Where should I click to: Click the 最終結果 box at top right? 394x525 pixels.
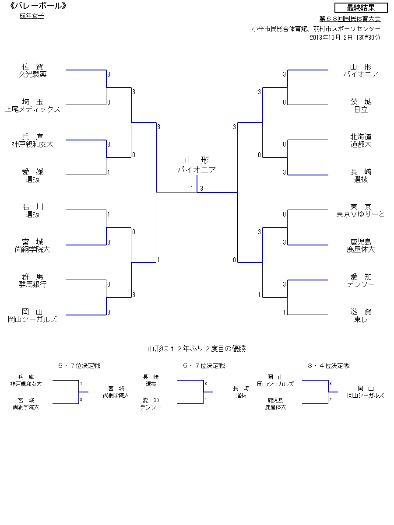coord(361,8)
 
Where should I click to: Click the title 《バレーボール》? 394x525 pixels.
coord(34,6)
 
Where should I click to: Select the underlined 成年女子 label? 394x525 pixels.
coord(32,16)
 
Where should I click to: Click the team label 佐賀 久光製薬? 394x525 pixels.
coord(32,70)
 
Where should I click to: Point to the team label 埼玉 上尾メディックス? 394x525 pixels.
coord(32,105)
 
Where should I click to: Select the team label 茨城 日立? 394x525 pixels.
coord(361,105)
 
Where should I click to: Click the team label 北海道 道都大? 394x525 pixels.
coord(361,140)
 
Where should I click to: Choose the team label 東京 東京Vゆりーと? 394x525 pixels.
coord(361,210)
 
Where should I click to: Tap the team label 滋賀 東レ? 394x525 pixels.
coord(361,315)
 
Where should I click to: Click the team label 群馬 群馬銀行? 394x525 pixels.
coord(32,280)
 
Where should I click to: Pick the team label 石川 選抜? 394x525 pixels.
coord(32,210)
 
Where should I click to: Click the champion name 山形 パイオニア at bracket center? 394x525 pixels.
coord(197,165)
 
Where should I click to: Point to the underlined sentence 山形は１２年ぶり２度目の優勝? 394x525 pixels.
coord(197,349)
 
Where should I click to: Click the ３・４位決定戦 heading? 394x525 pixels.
coord(328,366)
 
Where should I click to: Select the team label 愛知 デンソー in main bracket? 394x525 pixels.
coord(361,280)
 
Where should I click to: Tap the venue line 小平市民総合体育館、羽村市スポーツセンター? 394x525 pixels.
coord(316,29)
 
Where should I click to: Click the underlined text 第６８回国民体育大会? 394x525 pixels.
coord(350,19)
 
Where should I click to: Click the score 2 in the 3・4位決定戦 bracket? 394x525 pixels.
coord(330,399)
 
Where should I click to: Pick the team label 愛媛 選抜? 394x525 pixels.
coord(32,175)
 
